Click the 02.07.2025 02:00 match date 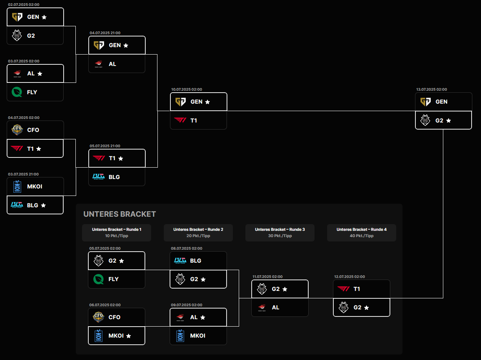pos(24,5)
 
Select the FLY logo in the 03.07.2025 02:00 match pos(17,92)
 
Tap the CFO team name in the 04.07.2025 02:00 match pos(33,130)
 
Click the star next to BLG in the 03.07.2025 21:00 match pos(44,205)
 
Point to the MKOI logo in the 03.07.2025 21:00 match pos(17,186)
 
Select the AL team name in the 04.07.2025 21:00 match pos(112,64)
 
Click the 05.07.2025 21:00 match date pos(105,146)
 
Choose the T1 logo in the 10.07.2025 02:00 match pos(180,120)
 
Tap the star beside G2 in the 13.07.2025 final pos(448,121)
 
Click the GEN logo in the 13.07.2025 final pos(425,102)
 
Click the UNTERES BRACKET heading pos(120,214)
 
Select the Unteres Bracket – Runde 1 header pos(117,229)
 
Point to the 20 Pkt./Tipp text pos(198,236)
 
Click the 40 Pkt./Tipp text pos(362,236)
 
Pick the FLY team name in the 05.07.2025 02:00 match pos(113,279)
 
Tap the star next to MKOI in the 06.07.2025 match pos(129,336)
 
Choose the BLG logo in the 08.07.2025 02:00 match pos(180,261)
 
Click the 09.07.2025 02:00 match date pos(187,305)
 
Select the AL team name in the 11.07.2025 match pos(276,307)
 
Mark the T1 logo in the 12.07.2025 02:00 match pos(344,289)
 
